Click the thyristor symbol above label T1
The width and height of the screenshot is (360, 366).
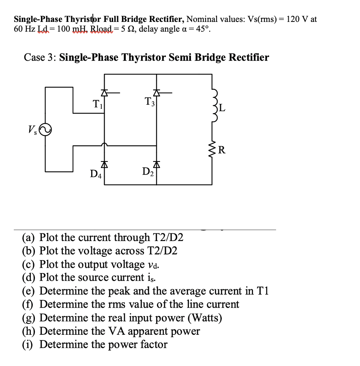pos(105,93)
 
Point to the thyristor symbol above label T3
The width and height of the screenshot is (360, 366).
pos(156,93)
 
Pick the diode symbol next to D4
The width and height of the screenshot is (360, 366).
pos(105,165)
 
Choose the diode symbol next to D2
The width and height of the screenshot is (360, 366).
pos(156,165)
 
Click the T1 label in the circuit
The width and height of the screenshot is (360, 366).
pos(97,104)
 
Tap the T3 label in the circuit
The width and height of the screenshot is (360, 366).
pos(149,102)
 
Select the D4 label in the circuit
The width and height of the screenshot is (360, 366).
pos(96,174)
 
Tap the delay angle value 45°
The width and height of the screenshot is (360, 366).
pos(201,30)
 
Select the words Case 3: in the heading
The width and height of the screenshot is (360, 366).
pos(40,57)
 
